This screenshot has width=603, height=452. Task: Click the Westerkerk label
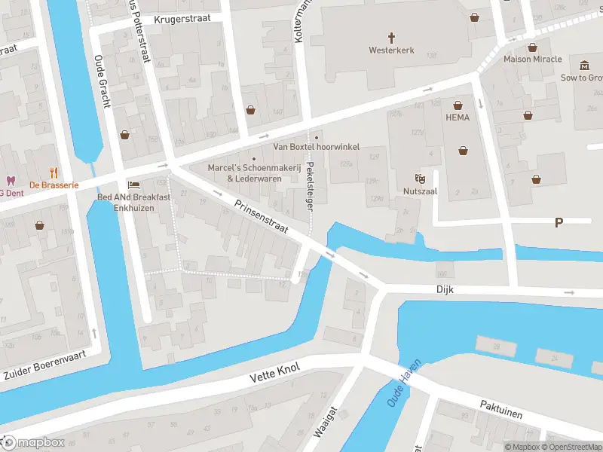pyautogui.click(x=391, y=51)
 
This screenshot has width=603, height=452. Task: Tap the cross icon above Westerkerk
pyautogui.click(x=391, y=37)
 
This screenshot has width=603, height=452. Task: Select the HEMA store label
pyautogui.click(x=457, y=118)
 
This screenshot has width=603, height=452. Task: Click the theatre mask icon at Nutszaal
pyautogui.click(x=420, y=179)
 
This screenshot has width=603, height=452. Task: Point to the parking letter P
pyautogui.click(x=559, y=222)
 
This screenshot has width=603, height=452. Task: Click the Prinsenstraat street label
pyautogui.click(x=262, y=218)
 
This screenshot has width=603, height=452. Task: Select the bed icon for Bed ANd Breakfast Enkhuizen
pyautogui.click(x=133, y=185)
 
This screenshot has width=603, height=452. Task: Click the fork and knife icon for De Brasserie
pyautogui.click(x=54, y=172)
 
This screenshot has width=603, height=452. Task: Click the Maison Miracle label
pyautogui.click(x=532, y=59)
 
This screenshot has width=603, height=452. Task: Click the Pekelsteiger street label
pyautogui.click(x=309, y=189)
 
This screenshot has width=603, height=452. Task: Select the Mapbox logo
pyautogui.click(x=34, y=442)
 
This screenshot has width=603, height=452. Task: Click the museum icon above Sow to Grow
pyautogui.click(x=584, y=66)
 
